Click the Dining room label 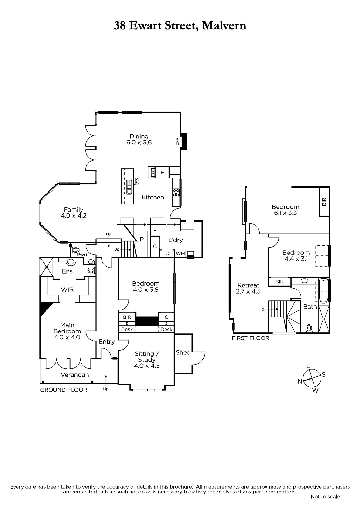coord(139,136)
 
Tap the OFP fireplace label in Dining coord(177,142)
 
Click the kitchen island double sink coord(129,187)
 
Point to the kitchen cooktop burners coord(176,193)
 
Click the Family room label coord(74,210)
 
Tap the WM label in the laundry coord(180,253)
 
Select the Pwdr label coord(83,255)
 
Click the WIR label coord(67,290)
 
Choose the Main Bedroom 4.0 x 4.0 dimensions coord(67,338)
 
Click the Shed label coord(183,352)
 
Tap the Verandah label coord(75,375)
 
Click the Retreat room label coord(248,285)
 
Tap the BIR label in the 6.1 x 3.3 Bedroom coord(324,202)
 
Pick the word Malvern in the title coord(224,25)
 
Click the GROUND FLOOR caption coord(64,390)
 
